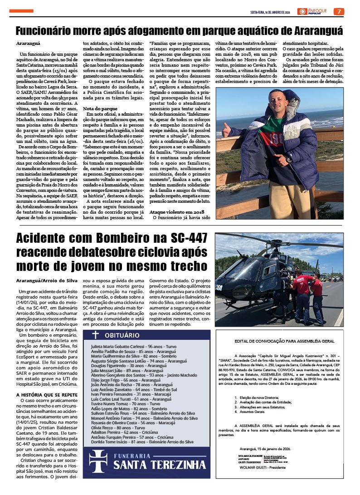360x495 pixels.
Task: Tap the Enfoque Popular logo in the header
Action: click(x=313, y=11)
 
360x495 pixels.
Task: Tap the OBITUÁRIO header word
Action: click(x=135, y=335)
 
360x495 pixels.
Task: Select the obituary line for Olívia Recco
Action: click(x=117, y=427)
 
